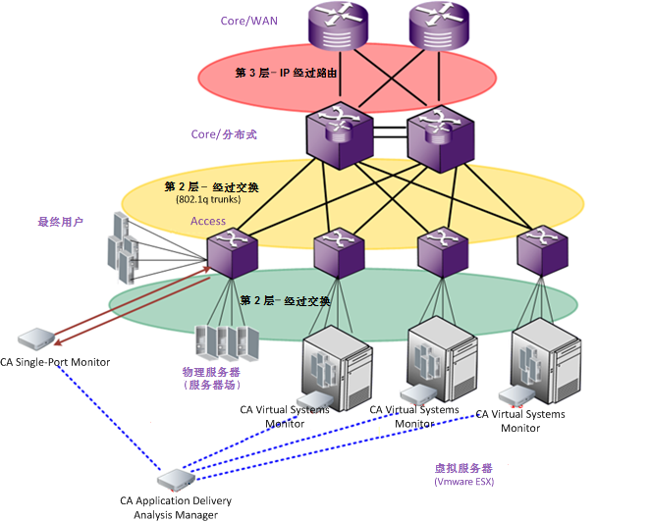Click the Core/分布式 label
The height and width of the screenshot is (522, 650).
224,133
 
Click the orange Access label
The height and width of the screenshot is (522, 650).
208,221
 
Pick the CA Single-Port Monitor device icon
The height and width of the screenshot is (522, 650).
33,339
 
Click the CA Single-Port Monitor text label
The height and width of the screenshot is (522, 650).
55,362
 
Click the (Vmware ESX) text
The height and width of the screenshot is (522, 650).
463,482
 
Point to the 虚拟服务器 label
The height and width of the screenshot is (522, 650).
463,468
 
